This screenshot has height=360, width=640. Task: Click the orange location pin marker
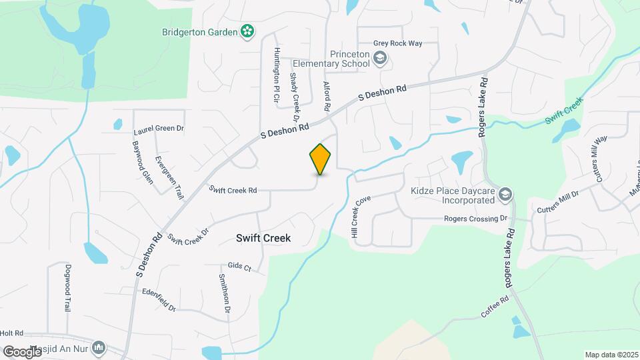[x=321, y=159]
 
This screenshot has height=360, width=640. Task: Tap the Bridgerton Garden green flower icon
[x=247, y=31]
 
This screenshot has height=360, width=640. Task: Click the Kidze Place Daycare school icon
[x=505, y=193]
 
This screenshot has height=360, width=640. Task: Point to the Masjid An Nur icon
[x=99, y=347]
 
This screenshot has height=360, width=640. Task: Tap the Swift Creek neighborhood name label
[x=264, y=237]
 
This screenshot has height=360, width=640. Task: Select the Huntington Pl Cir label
[x=275, y=74]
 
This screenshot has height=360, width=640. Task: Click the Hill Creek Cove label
[x=360, y=215]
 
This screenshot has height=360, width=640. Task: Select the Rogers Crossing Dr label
[x=476, y=219]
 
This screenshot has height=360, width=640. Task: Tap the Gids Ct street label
[x=239, y=267]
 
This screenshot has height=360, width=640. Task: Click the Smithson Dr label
[x=224, y=293]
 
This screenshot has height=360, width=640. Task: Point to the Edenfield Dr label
[x=159, y=300]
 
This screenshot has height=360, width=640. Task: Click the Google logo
[x=23, y=351]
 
